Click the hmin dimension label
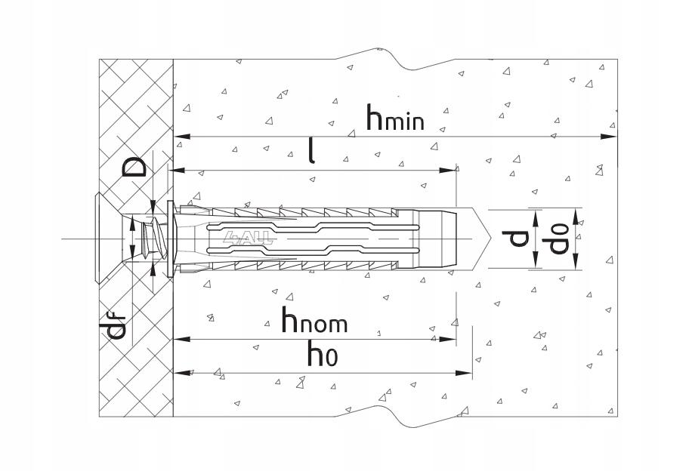click(395, 118)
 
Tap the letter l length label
click(311, 150)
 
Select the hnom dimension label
click(315, 320)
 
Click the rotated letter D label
click(134, 167)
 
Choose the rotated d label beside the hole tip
click(515, 239)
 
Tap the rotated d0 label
click(555, 239)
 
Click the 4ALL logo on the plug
click(248, 239)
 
